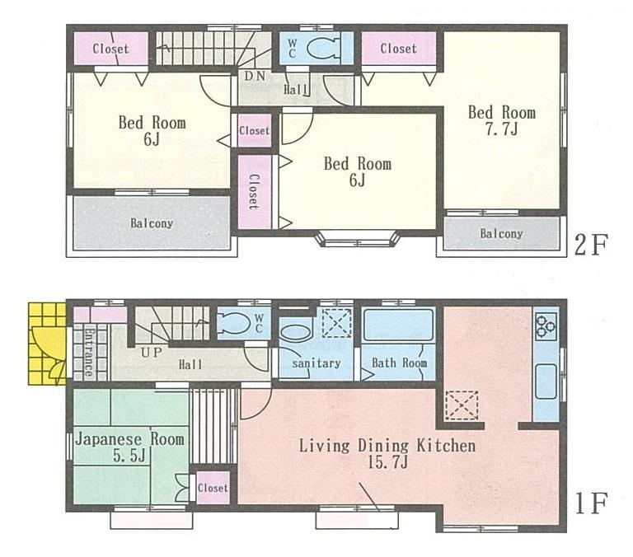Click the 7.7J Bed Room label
(501, 121)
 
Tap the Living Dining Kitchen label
(387, 454)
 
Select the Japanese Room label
(129, 447)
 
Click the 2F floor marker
(591, 245)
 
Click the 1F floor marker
(590, 503)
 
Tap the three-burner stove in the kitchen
(546, 327)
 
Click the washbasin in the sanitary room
(293, 334)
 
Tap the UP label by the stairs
(151, 352)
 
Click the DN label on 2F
(253, 76)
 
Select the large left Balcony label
(151, 223)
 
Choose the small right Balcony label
(501, 233)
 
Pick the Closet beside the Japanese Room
(212, 488)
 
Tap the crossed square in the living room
(461, 406)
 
